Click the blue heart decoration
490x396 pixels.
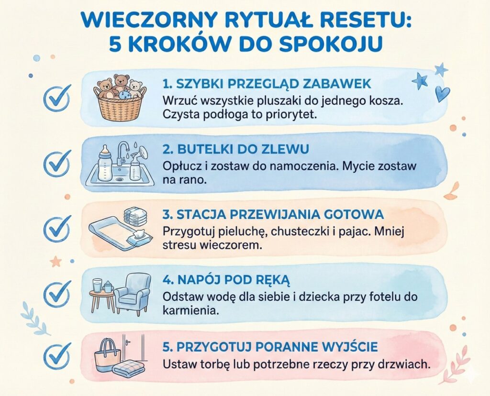(x=442, y=93)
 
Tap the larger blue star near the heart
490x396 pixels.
(x=420, y=80)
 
